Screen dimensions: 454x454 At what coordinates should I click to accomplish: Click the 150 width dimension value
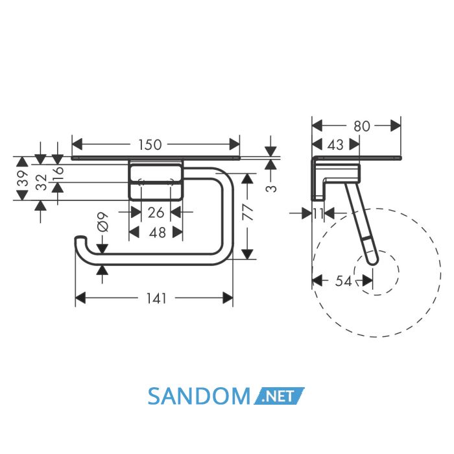point(149,145)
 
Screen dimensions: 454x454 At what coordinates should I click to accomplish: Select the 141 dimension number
point(156,298)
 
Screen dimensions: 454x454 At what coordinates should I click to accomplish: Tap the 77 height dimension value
point(248,212)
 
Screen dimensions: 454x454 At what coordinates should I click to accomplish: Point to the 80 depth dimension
point(362,126)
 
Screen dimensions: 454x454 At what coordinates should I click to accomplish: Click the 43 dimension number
point(335,145)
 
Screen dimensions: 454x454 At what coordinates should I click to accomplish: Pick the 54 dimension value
point(343,281)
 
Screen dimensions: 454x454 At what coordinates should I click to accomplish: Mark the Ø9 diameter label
point(102,222)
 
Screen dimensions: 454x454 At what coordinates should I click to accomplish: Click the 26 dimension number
point(156,213)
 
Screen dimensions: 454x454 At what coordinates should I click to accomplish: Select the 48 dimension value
point(157,232)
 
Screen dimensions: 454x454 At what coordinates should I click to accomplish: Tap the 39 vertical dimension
point(23,178)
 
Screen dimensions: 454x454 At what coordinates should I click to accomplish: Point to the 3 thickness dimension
point(271,189)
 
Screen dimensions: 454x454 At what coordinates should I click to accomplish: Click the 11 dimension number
point(318,213)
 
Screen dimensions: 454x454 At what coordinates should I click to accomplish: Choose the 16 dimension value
point(58,170)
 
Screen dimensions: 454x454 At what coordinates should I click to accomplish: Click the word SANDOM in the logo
point(199,396)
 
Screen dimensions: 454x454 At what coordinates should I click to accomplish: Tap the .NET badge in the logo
point(279,396)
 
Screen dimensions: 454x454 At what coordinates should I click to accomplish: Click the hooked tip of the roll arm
point(80,238)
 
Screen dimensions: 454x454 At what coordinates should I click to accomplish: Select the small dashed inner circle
point(376,273)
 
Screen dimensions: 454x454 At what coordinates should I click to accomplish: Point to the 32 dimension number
point(42,182)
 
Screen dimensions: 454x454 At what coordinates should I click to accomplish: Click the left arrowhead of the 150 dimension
point(77,144)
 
